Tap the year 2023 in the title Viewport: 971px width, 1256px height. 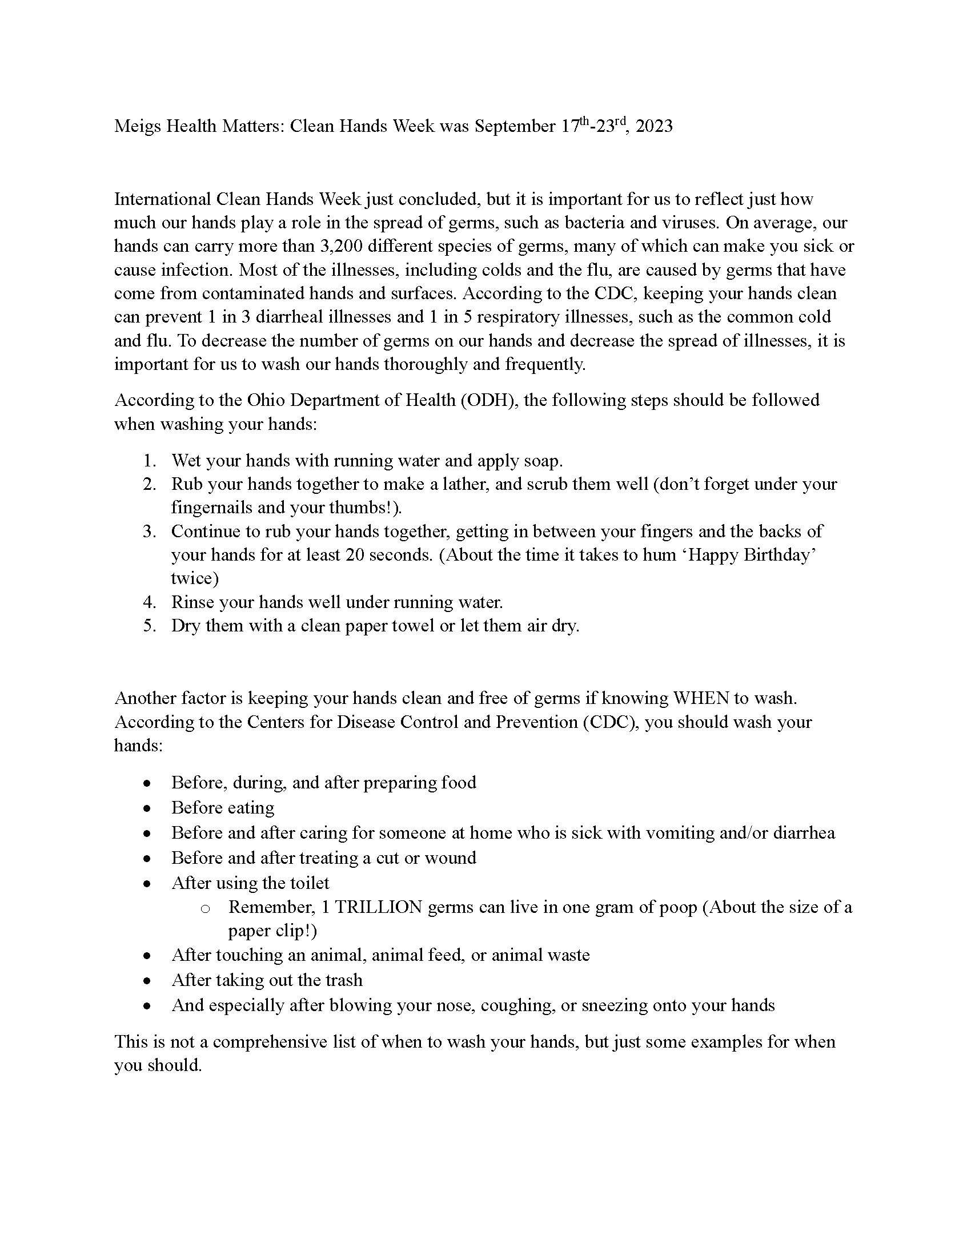tap(654, 126)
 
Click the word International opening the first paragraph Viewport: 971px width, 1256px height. tap(163, 199)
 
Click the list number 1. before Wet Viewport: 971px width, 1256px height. tap(150, 461)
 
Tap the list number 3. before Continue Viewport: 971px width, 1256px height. tap(150, 532)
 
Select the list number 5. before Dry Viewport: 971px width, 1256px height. tap(150, 626)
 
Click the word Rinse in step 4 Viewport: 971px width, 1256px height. tap(192, 602)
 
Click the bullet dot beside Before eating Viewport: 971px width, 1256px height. tap(148, 808)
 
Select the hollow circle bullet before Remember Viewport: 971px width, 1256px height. tap(205, 909)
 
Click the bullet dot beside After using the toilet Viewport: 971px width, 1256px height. tap(148, 884)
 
